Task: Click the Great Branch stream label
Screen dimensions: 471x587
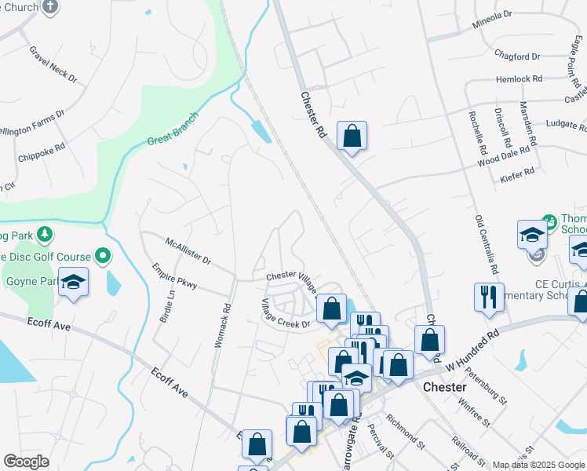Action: coord(173,131)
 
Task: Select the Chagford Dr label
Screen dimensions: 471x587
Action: coord(518,56)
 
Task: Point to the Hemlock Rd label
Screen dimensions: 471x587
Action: coord(520,79)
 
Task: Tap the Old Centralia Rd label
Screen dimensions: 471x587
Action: coord(487,244)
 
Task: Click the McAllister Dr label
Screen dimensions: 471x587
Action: coord(188,250)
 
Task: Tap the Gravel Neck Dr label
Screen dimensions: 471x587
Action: coord(53,64)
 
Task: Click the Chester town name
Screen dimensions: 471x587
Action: coord(445,387)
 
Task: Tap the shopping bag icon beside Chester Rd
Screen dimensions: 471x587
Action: coord(352,135)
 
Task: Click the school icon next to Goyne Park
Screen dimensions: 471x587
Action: coord(73,282)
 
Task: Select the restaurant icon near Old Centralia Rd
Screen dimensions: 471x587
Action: coord(489,297)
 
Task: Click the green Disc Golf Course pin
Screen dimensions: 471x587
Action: coord(103,255)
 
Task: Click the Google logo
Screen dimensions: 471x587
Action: coord(25,462)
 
